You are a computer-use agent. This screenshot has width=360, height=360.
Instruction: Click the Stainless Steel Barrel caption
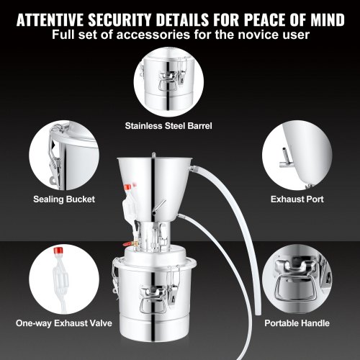coord(180,125)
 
